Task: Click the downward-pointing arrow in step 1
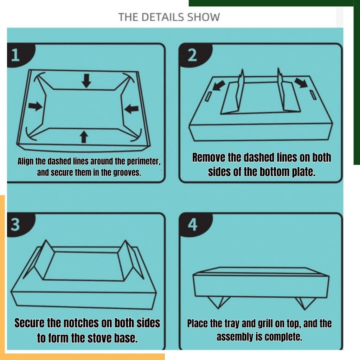(x=86, y=81)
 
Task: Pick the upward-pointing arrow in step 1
(x=84, y=137)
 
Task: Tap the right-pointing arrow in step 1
(x=36, y=107)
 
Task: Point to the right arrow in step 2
(x=301, y=82)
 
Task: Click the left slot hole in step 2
(x=208, y=96)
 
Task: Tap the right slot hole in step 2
(x=313, y=95)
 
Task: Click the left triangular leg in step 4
(x=218, y=302)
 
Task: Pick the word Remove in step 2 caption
(x=208, y=157)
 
